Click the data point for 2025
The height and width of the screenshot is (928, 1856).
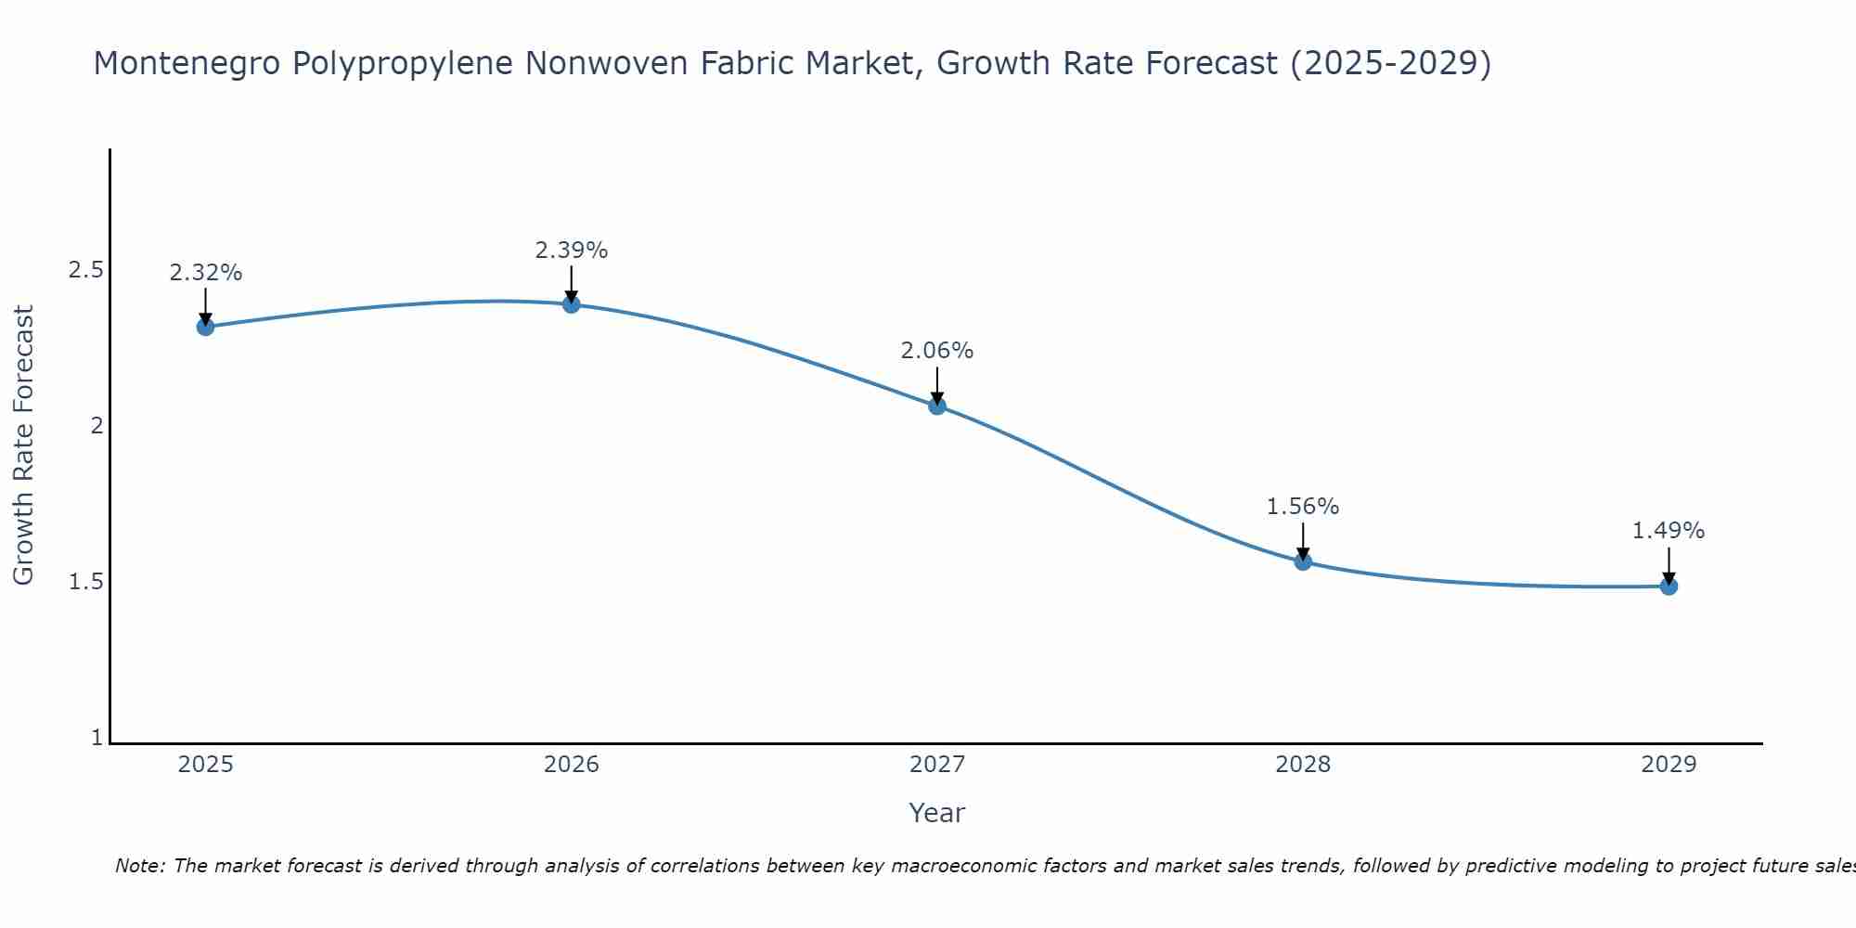coord(205,327)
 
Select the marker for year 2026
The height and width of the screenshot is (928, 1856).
coord(571,304)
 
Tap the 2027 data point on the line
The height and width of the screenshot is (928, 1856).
coord(936,406)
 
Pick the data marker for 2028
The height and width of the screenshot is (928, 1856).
coord(1302,561)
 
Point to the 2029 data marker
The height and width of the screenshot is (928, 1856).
coord(1668,586)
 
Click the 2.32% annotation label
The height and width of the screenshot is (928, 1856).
coord(205,273)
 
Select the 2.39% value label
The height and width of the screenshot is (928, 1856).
coord(571,251)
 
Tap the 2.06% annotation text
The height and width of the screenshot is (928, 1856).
coord(936,351)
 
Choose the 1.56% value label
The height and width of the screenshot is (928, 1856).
coord(1302,507)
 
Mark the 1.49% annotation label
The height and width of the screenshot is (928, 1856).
coord(1668,531)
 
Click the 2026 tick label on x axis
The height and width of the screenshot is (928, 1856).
coord(571,765)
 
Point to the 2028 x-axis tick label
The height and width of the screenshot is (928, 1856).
coord(1302,765)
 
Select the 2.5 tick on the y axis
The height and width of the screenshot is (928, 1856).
coord(85,270)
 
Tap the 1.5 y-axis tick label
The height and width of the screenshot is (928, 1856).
coord(85,582)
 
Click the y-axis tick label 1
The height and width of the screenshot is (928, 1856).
coord(97,738)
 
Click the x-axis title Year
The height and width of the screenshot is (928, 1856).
coord(936,813)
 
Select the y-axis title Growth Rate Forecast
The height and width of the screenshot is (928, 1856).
coord(23,445)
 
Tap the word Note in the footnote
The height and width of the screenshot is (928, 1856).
coord(139,866)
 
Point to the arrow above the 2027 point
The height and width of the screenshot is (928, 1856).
coord(936,384)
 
